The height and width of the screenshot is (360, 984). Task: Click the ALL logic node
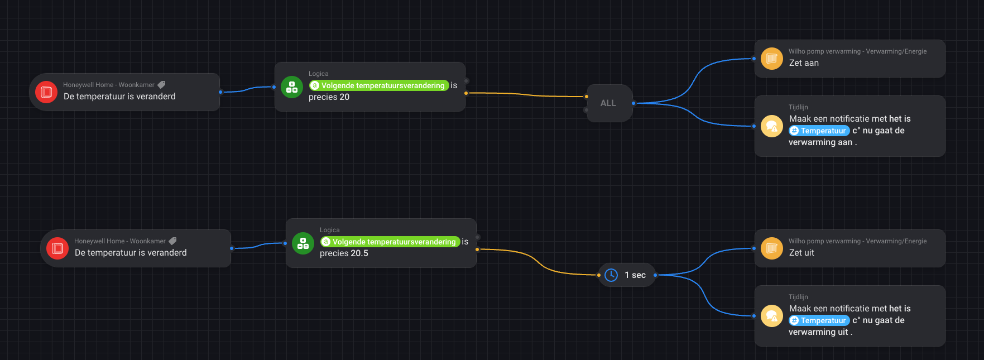(x=608, y=103)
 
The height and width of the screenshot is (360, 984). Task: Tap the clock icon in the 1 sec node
(x=611, y=275)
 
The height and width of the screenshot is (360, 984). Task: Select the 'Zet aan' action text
(x=804, y=63)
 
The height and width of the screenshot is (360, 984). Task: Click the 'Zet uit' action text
(x=801, y=253)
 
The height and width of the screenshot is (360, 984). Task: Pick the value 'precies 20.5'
(x=344, y=253)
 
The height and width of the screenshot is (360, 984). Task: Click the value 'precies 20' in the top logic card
(x=329, y=97)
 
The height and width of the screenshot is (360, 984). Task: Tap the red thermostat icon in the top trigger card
(x=46, y=92)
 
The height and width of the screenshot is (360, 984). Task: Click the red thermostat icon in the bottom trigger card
(x=57, y=248)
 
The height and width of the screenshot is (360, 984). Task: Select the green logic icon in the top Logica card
(x=292, y=87)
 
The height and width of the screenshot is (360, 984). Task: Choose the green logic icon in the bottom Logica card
(x=303, y=243)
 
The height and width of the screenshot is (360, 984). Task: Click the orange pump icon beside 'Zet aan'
(x=772, y=59)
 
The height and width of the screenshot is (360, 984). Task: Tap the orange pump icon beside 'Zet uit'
(x=772, y=248)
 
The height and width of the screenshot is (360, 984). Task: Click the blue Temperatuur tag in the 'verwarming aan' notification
(x=819, y=131)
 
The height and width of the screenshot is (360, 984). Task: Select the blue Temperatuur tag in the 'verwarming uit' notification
(x=819, y=320)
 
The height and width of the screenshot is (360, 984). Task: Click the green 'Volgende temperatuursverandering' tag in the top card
(x=379, y=85)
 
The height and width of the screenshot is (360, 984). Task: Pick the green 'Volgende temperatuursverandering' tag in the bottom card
(x=390, y=242)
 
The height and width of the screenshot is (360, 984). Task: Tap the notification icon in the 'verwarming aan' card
(x=772, y=126)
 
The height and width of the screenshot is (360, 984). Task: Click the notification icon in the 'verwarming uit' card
(x=772, y=316)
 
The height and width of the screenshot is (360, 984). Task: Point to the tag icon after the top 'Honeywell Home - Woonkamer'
(x=161, y=85)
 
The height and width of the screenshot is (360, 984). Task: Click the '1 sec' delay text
(x=635, y=275)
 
